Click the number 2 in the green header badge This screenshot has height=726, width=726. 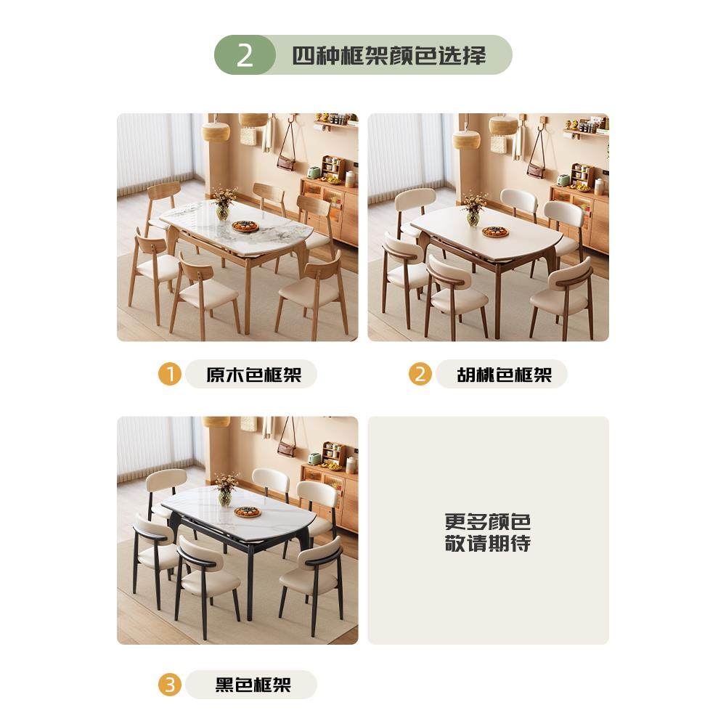[245, 55]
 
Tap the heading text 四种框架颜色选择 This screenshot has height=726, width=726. [389, 55]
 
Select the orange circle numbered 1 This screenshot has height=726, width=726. [170, 375]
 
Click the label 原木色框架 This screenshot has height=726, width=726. [253, 375]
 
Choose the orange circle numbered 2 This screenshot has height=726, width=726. [420, 375]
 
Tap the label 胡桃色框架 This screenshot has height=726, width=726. [504, 375]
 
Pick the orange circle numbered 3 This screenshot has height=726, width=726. [170, 685]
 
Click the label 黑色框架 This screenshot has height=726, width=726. [253, 685]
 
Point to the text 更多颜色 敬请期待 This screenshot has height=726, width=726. [488, 532]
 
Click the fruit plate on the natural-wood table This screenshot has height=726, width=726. [245, 227]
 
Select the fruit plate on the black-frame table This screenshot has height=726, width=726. [247, 512]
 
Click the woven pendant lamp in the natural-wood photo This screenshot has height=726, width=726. [216, 131]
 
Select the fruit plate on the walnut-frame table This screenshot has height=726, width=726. [495, 232]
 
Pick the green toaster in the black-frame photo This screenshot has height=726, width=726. [314, 459]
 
